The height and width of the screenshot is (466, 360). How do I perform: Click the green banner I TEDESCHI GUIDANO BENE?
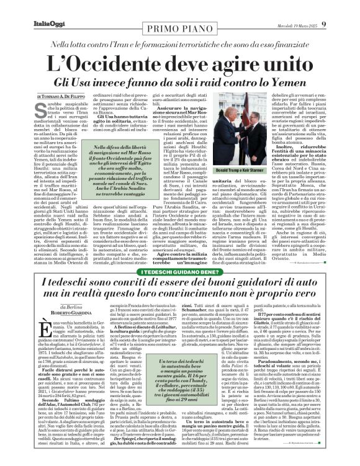click(180, 273)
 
